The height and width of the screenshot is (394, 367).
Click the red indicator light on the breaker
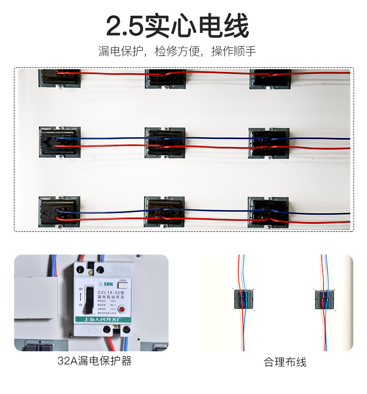coord(123,309)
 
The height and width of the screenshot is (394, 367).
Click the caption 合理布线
coord(285,362)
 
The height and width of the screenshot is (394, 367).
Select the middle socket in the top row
coord(166,78)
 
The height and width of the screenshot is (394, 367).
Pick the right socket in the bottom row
coord(268,212)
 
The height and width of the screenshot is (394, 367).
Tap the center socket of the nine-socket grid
coord(165,142)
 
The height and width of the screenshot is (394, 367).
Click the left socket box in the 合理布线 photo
coord(243,299)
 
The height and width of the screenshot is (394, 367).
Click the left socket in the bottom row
coord(59,211)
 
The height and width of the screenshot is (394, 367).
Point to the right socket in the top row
coord(270,78)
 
